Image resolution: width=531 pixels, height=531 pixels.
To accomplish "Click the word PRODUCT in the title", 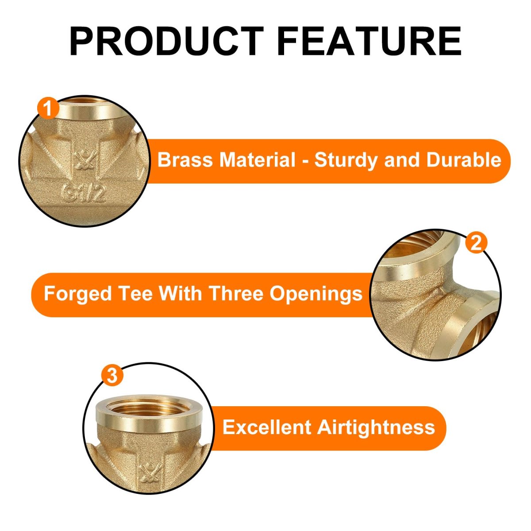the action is coord(167,41).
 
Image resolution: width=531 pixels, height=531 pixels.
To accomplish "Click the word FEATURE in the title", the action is coord(369,41).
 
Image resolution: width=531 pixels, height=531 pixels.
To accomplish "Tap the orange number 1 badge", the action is coord(48,108).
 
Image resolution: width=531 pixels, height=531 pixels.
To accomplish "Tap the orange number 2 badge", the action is coord(476,243).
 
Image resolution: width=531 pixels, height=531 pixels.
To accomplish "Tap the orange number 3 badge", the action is coord(112,375).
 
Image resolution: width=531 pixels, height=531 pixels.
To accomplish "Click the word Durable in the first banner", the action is coord(464,160).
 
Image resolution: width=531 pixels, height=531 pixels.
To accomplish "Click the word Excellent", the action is coord(267,427).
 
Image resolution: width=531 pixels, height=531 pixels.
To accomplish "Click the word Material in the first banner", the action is coord(258,160).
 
